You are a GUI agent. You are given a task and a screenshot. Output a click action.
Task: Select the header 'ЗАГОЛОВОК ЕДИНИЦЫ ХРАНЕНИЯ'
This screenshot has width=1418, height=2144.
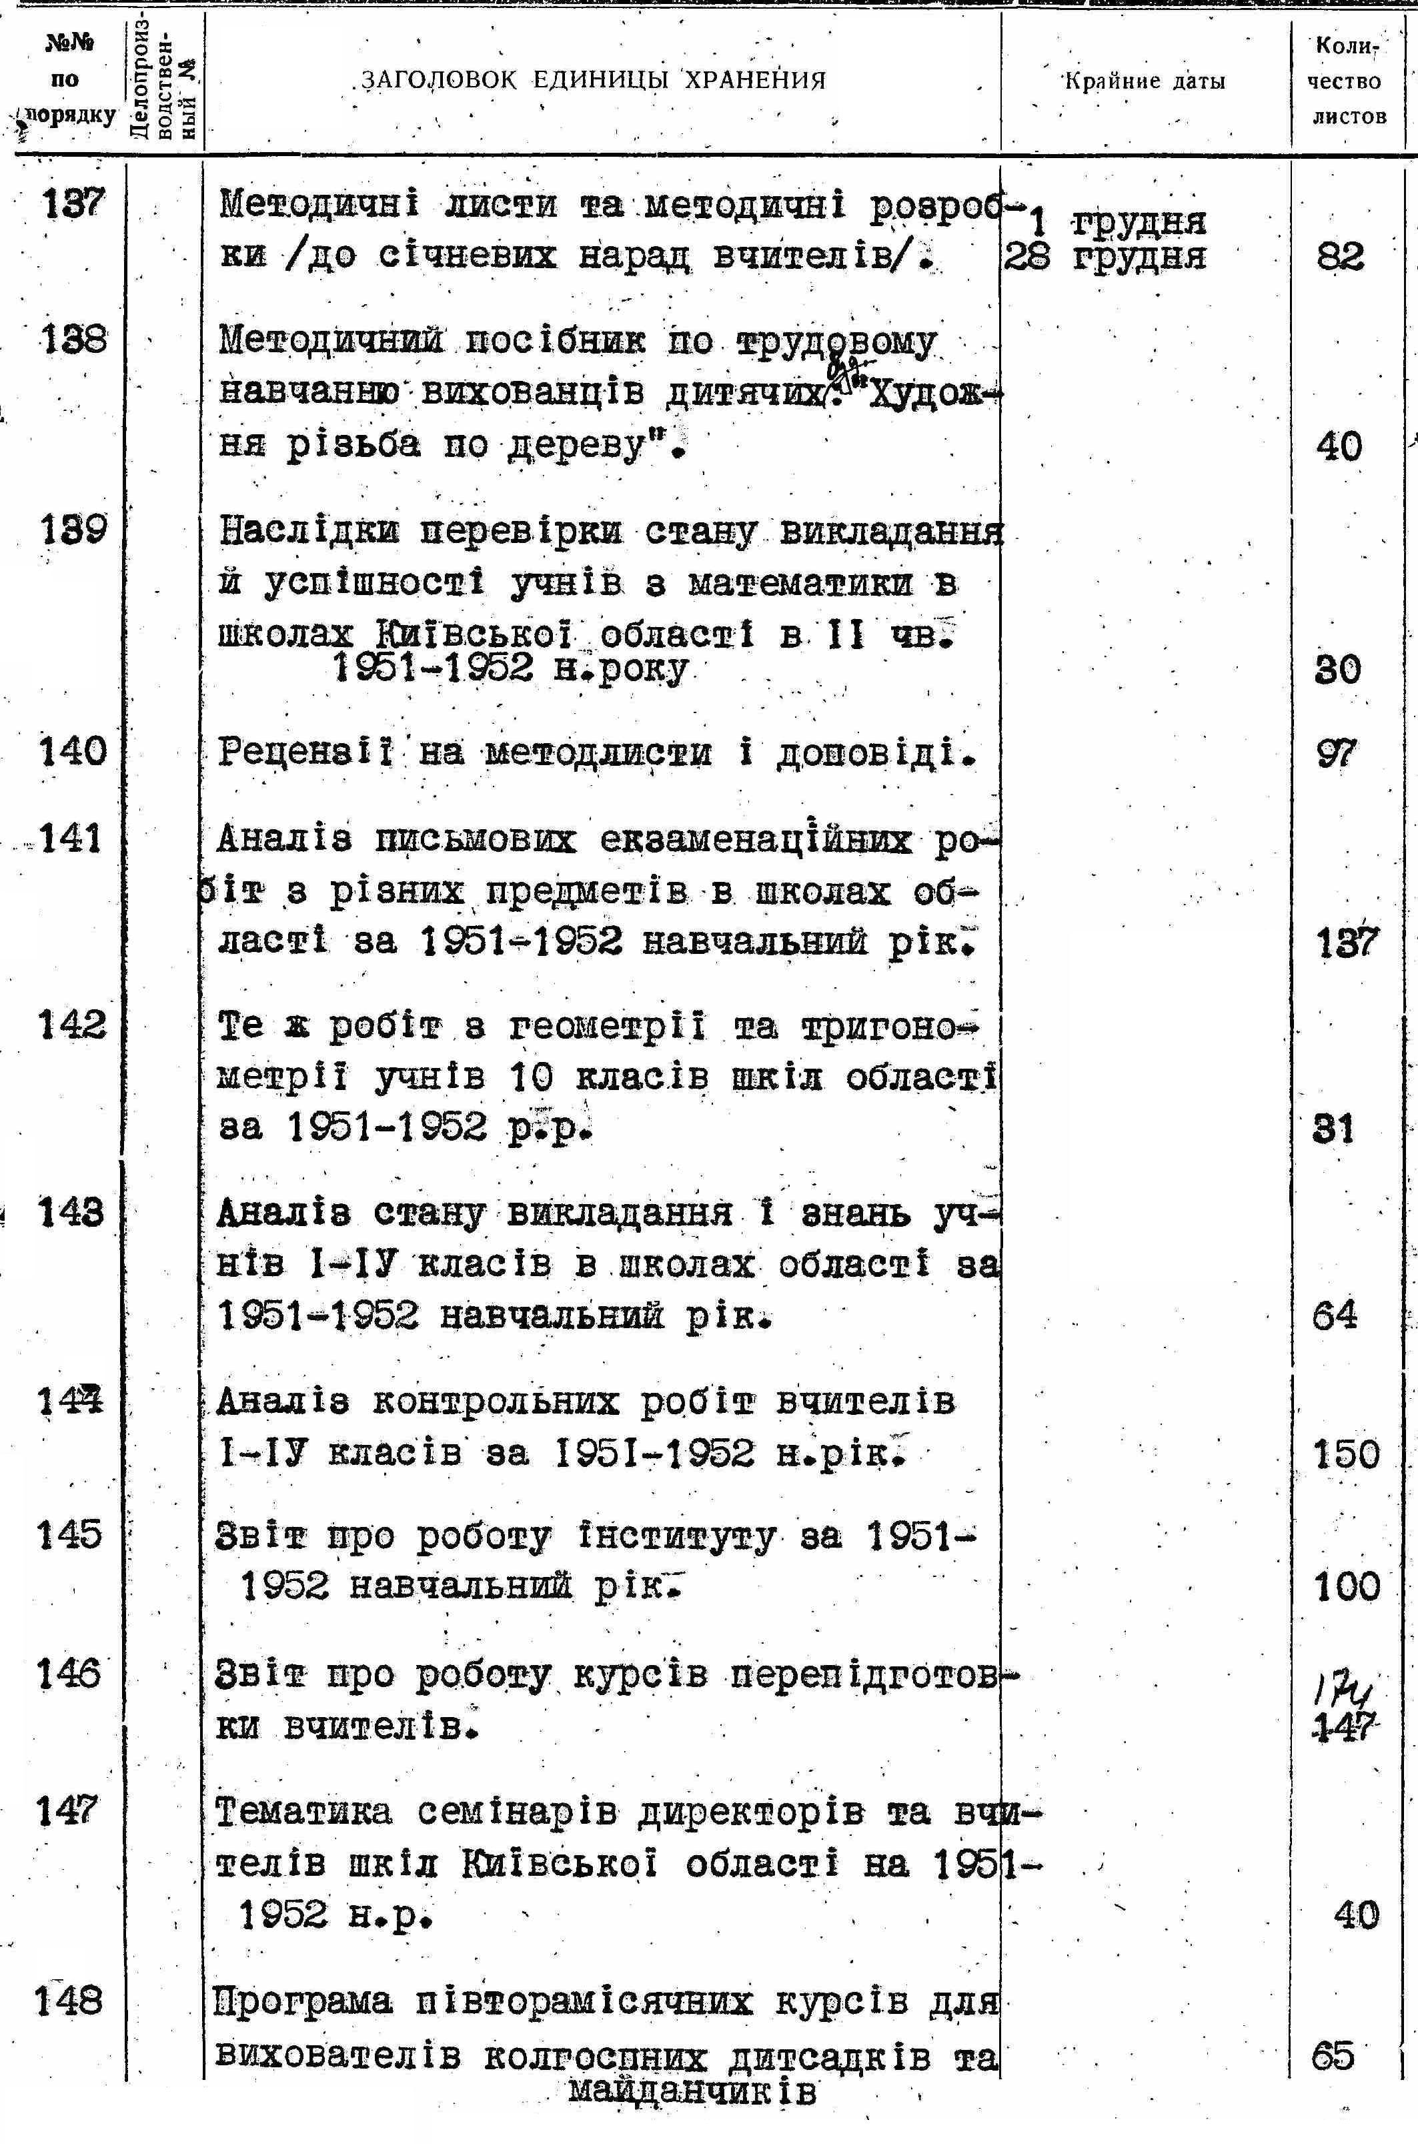tap(593, 81)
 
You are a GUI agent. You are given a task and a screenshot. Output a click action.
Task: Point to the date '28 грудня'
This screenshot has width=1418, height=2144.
tap(1105, 257)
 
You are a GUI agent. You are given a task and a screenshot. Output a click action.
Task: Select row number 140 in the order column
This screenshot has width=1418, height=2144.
tap(72, 751)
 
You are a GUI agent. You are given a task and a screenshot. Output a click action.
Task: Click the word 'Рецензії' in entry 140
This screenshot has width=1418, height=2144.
tap(307, 752)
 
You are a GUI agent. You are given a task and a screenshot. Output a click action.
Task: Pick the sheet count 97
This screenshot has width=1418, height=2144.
tap(1337, 752)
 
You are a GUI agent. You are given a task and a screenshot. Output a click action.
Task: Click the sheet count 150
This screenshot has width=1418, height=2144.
tap(1346, 1454)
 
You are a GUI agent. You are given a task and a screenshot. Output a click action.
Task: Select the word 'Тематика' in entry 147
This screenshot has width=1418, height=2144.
tap(305, 1813)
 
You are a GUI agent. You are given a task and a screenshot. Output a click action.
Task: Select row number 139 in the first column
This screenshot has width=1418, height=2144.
tap(72, 529)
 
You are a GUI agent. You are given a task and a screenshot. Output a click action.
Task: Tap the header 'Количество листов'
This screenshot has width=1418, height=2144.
tap(1347, 81)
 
